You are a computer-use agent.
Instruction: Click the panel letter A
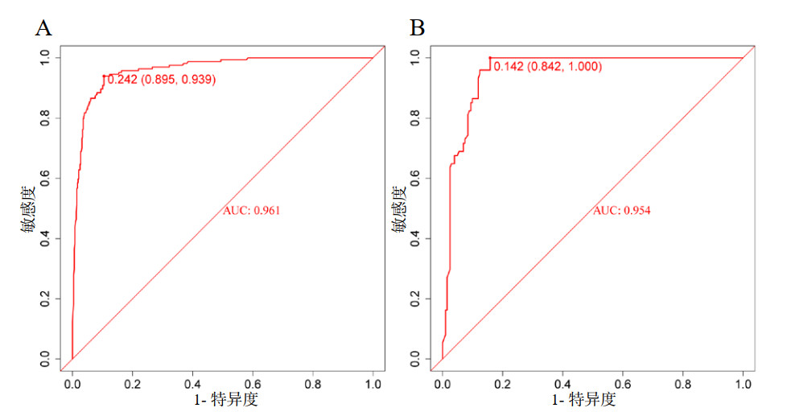pyautogui.click(x=43, y=29)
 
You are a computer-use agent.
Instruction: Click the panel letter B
pyautogui.click(x=417, y=29)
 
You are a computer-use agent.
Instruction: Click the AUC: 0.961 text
pyautogui.click(x=251, y=211)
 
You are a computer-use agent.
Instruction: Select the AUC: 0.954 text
pyautogui.click(x=621, y=211)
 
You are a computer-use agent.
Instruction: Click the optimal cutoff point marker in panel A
pyautogui.click(x=104, y=76)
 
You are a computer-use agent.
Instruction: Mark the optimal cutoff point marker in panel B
pyautogui.click(x=489, y=58)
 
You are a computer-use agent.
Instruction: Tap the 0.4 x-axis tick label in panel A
pyautogui.click(x=192, y=385)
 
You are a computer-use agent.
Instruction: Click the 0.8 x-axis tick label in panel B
pyautogui.click(x=683, y=385)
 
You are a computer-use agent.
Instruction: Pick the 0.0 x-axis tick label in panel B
pyautogui.click(x=442, y=385)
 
